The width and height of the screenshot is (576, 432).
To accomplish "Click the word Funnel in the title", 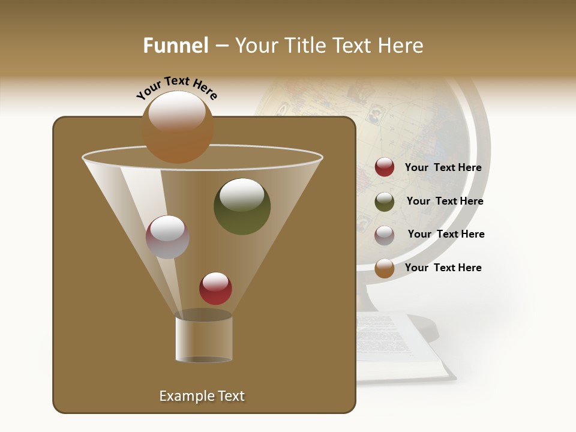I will point(176,46).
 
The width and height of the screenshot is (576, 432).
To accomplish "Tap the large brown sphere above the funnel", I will point(178,127).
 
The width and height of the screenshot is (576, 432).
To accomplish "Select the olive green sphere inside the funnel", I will point(242,206).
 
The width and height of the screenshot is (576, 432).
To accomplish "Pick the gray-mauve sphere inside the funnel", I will point(167,237).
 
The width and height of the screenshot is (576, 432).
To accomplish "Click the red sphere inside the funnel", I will point(215,289).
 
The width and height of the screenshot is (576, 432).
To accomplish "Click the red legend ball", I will point(385,167).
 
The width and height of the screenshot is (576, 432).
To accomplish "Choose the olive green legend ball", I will point(385,202).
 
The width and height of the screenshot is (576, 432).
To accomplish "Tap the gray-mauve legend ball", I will point(385,235).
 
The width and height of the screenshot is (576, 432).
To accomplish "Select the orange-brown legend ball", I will point(385,268).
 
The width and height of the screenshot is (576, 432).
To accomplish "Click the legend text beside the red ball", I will point(443,168).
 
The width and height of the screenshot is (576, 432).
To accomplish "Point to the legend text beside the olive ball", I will point(445,202).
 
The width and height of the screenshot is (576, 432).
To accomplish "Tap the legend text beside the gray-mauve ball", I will point(446,235).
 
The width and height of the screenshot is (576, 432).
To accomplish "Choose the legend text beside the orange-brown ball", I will point(443,268).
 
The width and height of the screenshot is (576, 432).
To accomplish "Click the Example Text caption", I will point(202,396).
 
